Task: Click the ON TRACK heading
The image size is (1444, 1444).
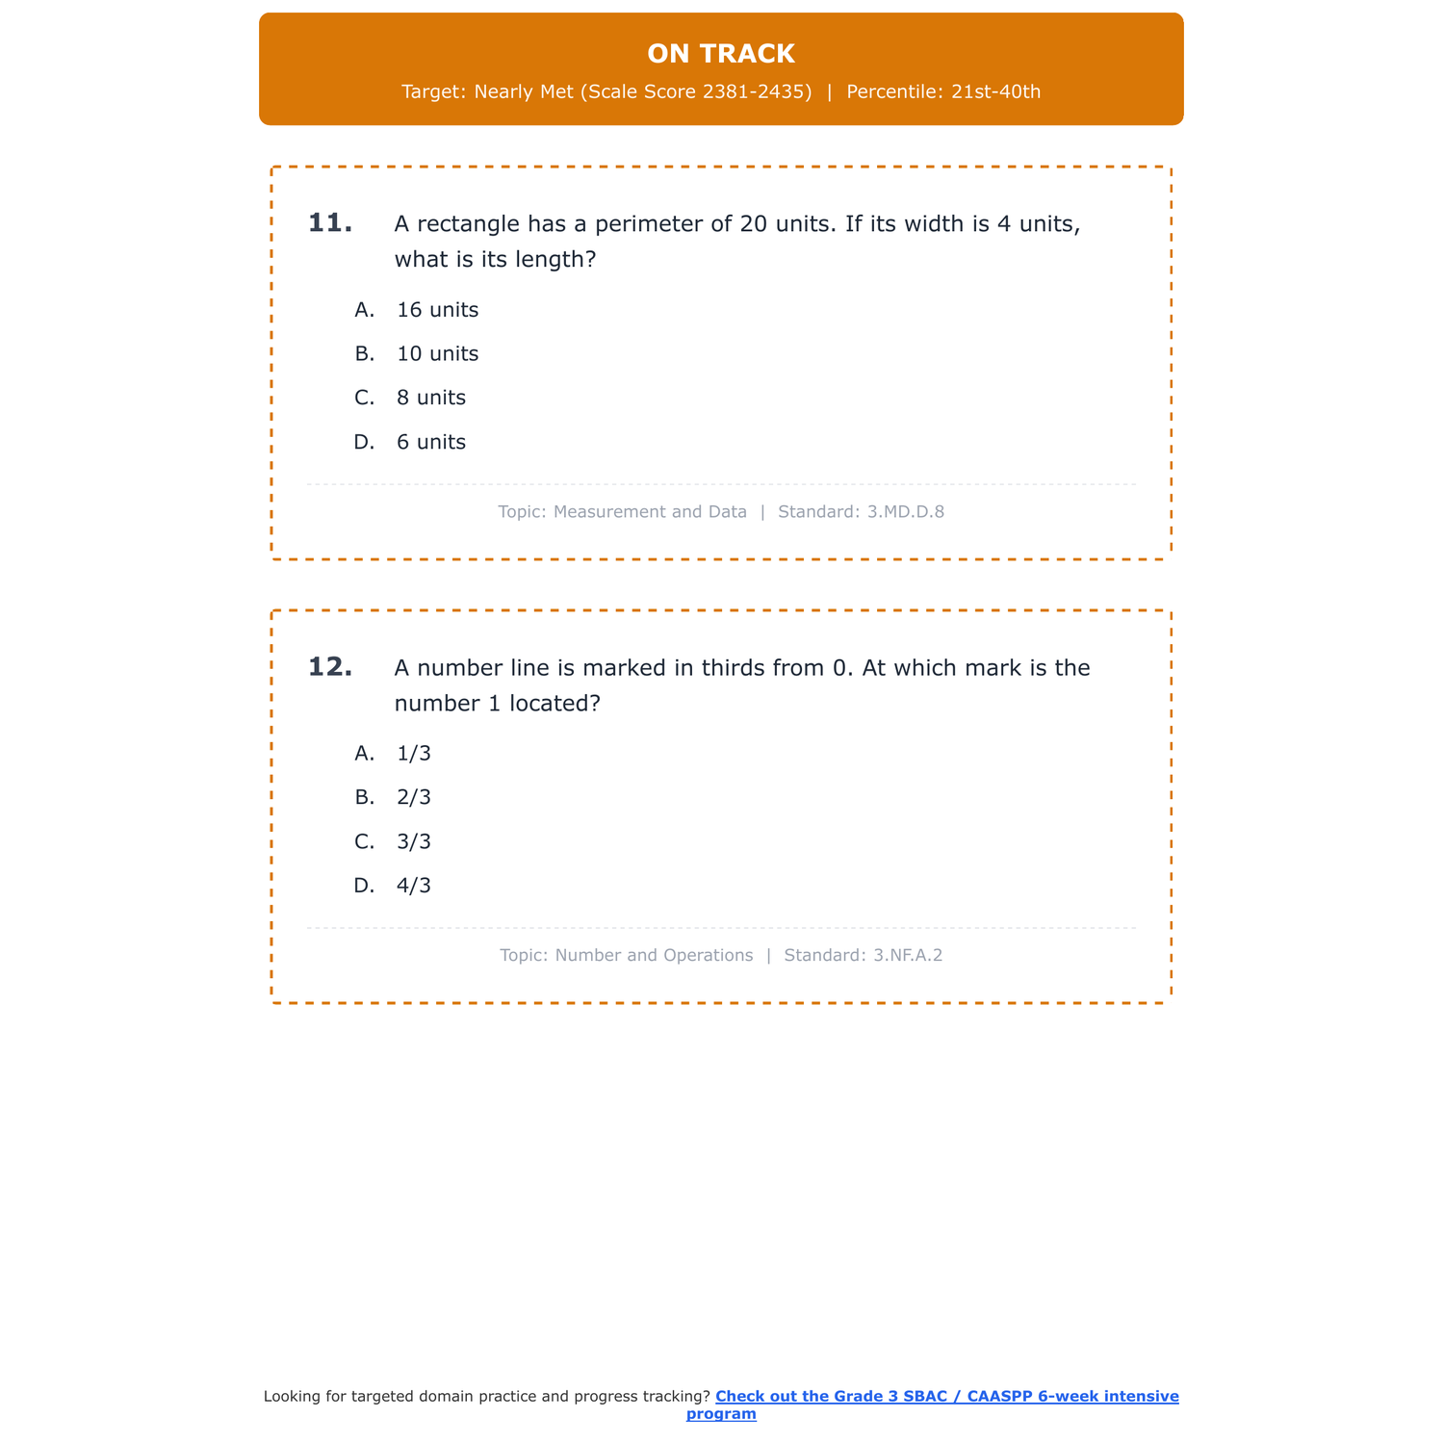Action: [x=721, y=54]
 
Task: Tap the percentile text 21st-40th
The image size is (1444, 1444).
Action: [x=995, y=91]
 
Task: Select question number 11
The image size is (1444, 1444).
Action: [x=330, y=223]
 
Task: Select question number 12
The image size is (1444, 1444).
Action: [x=330, y=667]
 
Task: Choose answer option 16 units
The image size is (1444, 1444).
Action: [x=437, y=310]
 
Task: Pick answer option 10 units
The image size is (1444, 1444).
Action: [x=437, y=354]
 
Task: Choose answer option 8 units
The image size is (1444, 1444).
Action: [x=430, y=398]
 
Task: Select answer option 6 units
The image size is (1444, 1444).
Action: [x=430, y=442]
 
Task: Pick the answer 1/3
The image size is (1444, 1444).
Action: [x=414, y=754]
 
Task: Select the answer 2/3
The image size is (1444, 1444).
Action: [x=414, y=797]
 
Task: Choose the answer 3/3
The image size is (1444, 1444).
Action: [x=414, y=841]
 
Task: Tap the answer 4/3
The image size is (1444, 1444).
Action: [x=414, y=886]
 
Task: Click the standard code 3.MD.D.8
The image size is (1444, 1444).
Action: [x=905, y=512]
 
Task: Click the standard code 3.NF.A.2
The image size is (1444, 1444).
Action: [x=908, y=956]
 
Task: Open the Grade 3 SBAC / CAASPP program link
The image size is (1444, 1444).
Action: [x=946, y=1397]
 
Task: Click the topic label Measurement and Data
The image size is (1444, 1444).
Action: [x=650, y=512]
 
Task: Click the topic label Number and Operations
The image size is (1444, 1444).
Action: [x=654, y=956]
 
